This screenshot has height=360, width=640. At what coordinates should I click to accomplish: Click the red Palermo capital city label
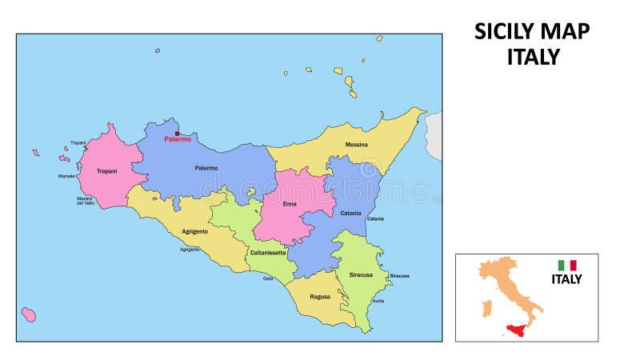177,139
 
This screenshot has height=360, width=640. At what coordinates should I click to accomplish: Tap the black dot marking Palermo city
177,133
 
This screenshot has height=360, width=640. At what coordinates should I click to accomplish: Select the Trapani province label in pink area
106,171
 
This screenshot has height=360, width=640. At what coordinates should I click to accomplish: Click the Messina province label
357,145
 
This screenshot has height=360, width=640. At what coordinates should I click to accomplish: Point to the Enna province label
290,204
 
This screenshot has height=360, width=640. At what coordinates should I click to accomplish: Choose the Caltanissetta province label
268,253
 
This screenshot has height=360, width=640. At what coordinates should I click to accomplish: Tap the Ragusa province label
320,296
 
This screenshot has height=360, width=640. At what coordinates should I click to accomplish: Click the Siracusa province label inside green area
361,274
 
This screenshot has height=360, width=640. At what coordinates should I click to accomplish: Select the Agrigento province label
194,231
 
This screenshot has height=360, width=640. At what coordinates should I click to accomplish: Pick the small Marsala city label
66,176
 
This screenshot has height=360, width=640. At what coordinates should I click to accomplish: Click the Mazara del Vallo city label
86,201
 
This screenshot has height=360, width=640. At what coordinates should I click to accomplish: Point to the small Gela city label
268,278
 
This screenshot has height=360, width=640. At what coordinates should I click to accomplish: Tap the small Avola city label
378,301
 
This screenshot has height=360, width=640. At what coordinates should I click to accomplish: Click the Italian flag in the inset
567,265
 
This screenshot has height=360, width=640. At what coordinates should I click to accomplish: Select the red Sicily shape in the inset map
517,330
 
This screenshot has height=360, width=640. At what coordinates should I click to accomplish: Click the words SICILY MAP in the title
532,31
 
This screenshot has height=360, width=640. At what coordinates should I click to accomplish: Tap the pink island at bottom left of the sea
29,314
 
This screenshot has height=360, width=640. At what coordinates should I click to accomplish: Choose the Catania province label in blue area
350,213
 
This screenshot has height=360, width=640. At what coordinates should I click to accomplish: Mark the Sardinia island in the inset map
486,308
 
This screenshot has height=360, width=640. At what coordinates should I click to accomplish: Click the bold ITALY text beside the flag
566,279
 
